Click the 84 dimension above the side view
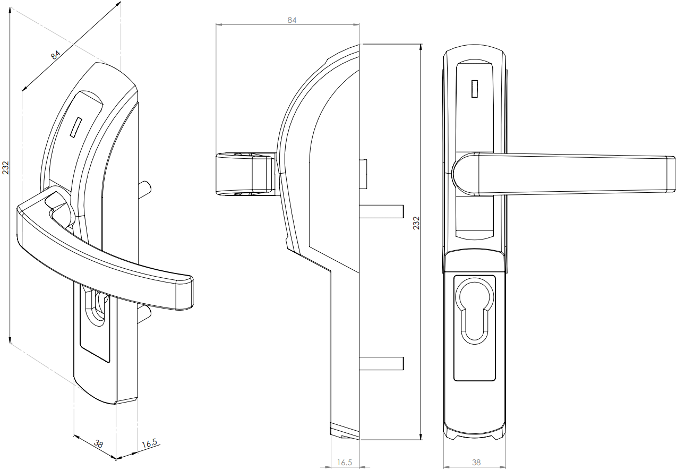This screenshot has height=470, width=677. click(292, 20)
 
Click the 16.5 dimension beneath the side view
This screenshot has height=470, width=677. click(345, 463)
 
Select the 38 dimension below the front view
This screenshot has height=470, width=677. click(476, 463)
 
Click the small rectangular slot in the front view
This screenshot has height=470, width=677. click(475, 89)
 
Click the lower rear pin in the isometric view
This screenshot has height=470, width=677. click(144, 315)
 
